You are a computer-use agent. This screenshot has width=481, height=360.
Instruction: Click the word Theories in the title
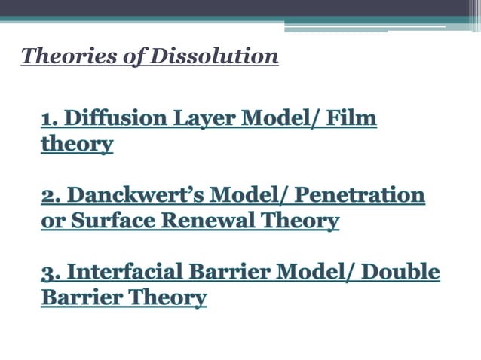click(x=58, y=56)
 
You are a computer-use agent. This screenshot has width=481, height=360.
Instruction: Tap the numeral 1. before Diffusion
click(x=49, y=119)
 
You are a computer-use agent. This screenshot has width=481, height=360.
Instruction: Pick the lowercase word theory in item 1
click(x=77, y=144)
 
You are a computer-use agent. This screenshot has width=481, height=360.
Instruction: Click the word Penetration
click(x=360, y=196)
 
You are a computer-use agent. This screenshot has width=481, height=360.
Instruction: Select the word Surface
click(x=104, y=221)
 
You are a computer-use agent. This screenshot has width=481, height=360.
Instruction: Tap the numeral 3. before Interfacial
click(x=51, y=273)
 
